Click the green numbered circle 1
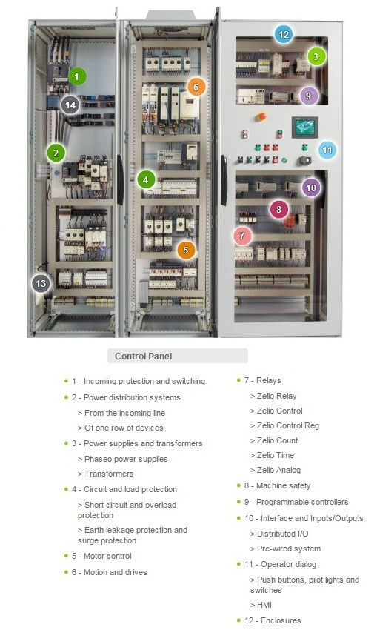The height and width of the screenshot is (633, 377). tap(77, 76)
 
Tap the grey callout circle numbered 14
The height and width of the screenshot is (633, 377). tap(70, 105)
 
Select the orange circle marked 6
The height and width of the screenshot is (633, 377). tap(196, 87)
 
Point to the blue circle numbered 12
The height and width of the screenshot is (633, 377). tap(283, 33)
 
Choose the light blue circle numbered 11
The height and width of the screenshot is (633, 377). tap(327, 150)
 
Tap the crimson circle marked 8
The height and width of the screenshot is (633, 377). tap(278, 209)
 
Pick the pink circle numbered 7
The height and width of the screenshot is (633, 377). tap(241, 236)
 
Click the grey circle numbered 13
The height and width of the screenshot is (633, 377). tap(41, 283)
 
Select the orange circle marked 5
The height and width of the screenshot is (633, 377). tap(186, 250)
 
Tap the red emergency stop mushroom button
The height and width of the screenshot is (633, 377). tap(260, 116)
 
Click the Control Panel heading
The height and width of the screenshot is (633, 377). tap(143, 356)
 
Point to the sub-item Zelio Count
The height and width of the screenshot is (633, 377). tap(277, 440)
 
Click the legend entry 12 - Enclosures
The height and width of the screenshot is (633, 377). tap(273, 620)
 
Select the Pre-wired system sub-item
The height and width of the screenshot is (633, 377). tap(288, 549)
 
